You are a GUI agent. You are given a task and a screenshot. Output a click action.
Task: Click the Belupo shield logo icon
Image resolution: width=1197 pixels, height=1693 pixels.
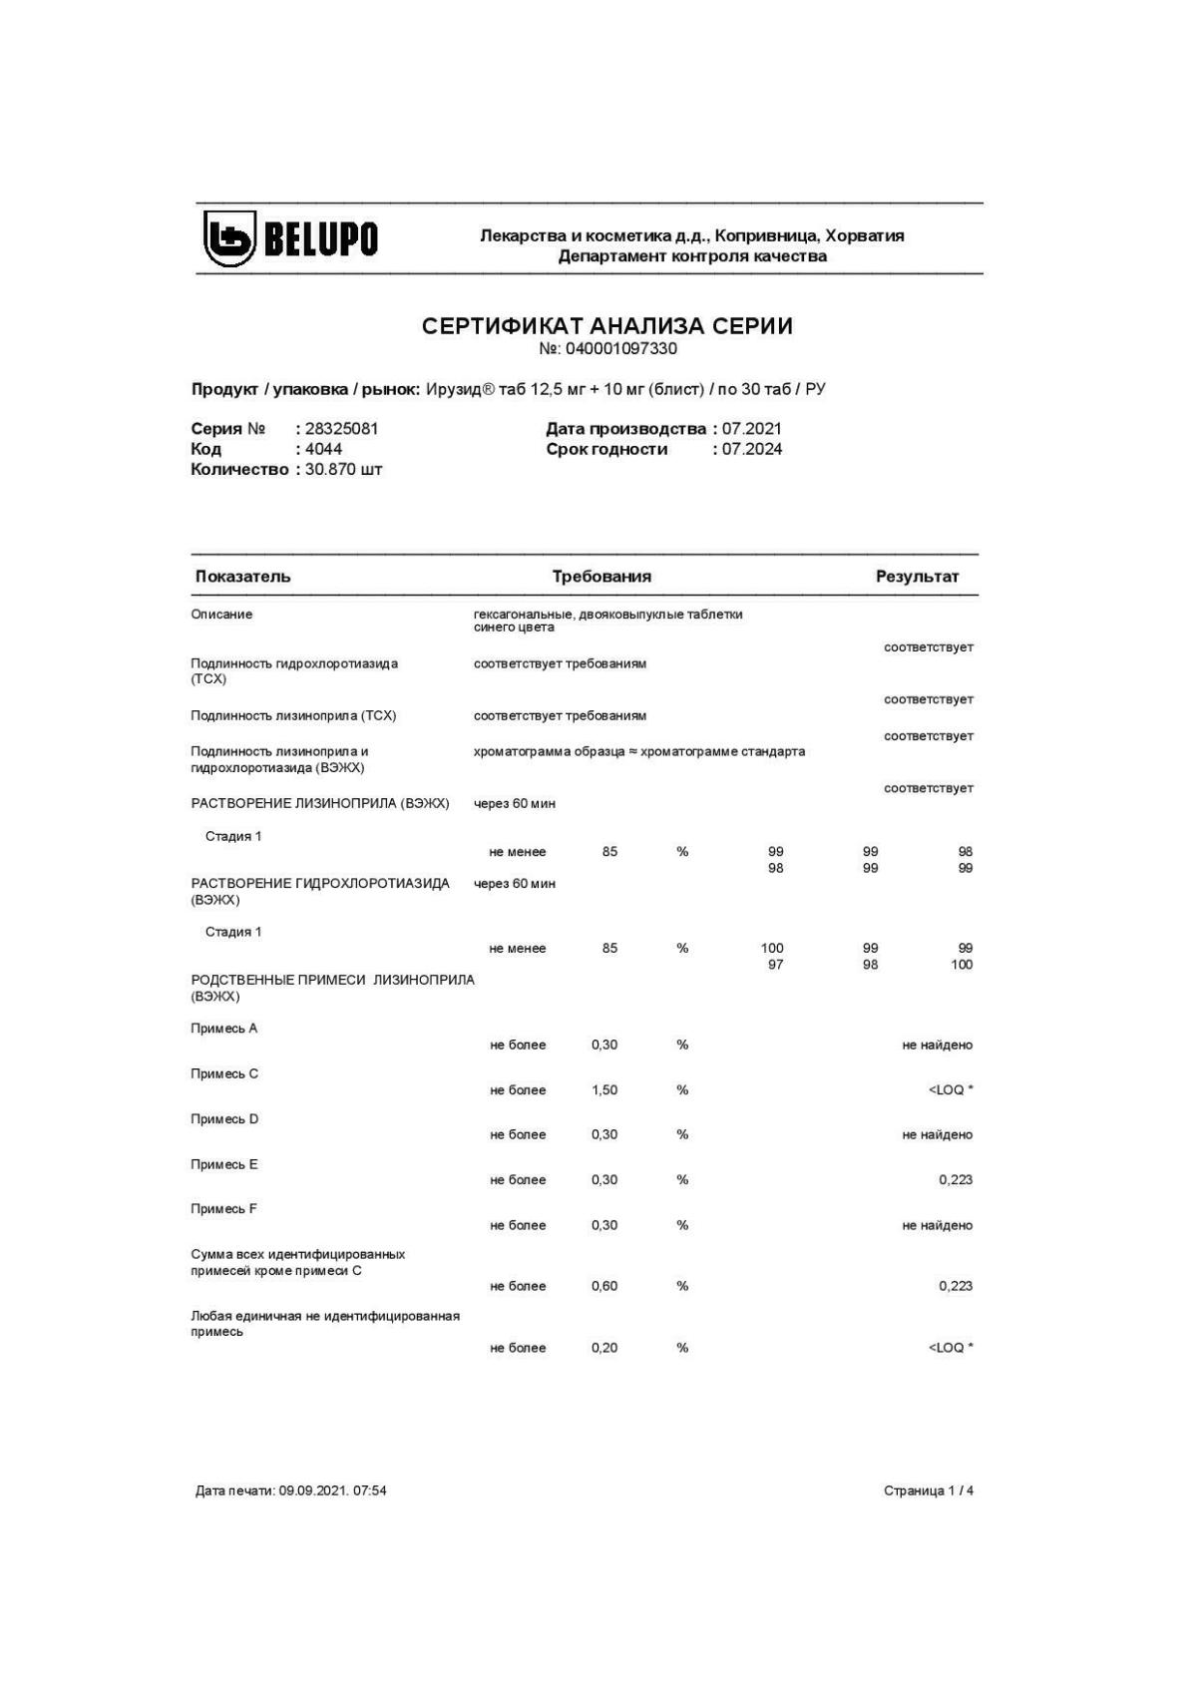[229, 238]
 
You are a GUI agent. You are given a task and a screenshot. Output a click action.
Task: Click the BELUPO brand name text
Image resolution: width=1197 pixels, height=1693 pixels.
[320, 239]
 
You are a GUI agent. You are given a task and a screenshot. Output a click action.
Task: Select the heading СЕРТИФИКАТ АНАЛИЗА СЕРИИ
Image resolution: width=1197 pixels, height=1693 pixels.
[606, 326]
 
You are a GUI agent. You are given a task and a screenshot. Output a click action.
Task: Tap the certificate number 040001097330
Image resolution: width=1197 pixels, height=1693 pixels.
[620, 349]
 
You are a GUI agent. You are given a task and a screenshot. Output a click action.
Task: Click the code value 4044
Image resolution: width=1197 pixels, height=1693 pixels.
[323, 449]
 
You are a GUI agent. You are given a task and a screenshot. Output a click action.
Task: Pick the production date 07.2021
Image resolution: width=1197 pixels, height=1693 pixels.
[752, 429]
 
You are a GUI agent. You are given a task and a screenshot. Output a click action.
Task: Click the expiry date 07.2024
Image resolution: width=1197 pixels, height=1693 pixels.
[752, 449]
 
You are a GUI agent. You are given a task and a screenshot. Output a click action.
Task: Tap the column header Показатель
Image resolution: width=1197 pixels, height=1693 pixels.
[242, 577]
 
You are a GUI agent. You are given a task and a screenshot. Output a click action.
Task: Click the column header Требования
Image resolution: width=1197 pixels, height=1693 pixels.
[601, 577]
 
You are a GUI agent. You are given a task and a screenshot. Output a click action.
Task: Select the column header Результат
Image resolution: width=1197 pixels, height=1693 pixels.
[917, 577]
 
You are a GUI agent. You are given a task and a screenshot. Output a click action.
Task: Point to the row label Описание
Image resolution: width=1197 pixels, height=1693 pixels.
[221, 615]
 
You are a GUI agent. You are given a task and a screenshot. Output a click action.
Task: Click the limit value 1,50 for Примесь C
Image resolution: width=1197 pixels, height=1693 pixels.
[604, 1090]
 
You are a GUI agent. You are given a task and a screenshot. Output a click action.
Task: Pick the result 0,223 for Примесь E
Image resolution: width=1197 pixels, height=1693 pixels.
[955, 1180]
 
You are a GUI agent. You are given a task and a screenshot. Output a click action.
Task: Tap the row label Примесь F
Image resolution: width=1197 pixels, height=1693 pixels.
[223, 1209]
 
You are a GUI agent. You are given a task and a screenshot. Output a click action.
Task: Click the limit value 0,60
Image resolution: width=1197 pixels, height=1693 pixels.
[604, 1286]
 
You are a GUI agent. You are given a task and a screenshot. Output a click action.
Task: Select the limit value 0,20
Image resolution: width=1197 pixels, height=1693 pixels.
[604, 1348]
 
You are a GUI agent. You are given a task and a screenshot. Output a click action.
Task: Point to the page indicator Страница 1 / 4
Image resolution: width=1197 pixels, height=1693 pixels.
[928, 1490]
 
